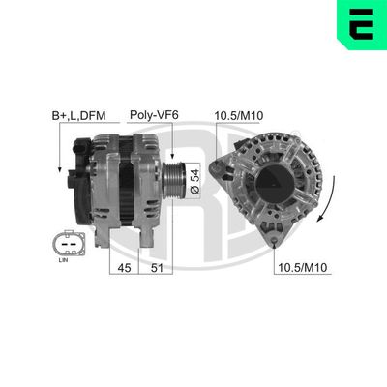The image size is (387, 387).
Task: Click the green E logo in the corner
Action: pos(361,23)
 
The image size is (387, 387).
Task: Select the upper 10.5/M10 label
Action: pos(238,115)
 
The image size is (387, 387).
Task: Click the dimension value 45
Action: pos(124,267)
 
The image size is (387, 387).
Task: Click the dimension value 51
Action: pos(156,267)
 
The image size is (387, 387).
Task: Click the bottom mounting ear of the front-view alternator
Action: pos(290,244)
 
